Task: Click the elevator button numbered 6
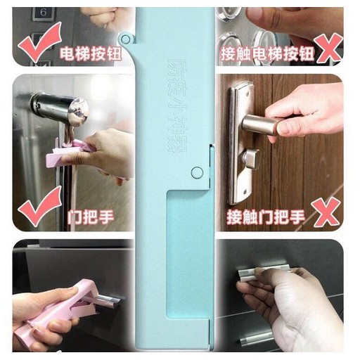coord(44,13)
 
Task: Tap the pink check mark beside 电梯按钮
coord(40,42)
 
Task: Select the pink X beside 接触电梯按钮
coord(328,48)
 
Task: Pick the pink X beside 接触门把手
coord(326,212)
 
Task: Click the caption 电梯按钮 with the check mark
coord(91,54)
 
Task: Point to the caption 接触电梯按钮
coord(267,54)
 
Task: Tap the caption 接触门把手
coord(266,217)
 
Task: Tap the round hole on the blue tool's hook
coord(126,39)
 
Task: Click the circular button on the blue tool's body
coord(197,172)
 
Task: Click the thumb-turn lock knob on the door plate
coord(251,157)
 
